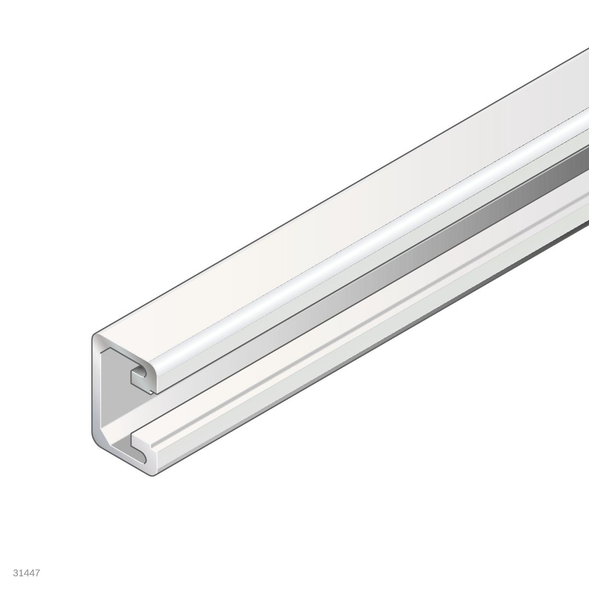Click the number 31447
coord(26,573)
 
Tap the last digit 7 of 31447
coord(37,573)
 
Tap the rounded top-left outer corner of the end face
coord(95,336)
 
